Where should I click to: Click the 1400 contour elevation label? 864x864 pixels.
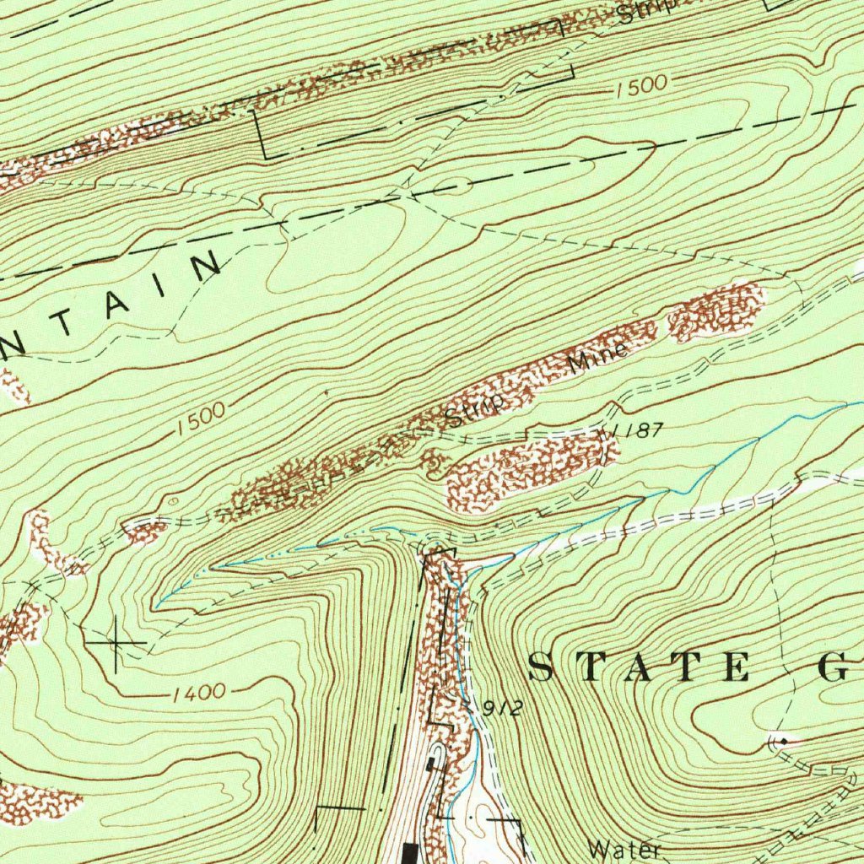(199, 694)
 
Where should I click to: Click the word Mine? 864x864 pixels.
(597, 359)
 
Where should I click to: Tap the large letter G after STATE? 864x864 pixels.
(837, 667)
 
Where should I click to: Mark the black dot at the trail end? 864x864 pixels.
(784, 741)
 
